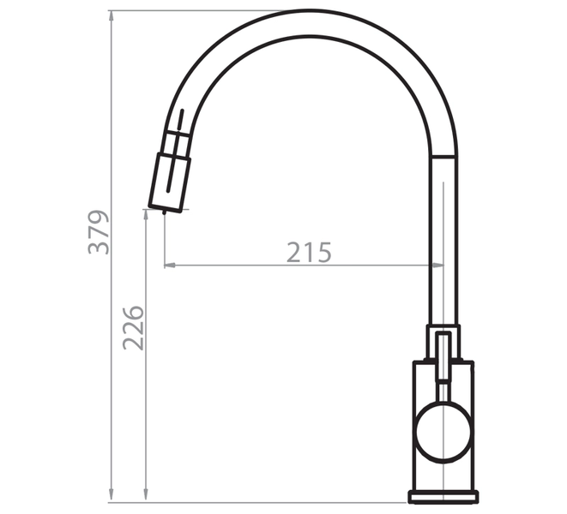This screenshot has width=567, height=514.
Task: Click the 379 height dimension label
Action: click(x=99, y=232)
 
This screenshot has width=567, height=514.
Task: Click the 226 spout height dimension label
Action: click(x=133, y=328)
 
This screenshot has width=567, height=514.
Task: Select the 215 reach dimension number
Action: click(x=309, y=252)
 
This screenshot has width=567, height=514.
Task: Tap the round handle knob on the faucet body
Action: click(x=443, y=432)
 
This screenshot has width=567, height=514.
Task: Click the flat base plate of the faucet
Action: click(x=443, y=497)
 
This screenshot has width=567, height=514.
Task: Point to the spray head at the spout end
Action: click(x=170, y=182)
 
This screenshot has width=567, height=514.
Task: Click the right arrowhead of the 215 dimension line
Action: click(x=438, y=265)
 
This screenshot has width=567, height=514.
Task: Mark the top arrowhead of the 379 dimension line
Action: click(x=112, y=16)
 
